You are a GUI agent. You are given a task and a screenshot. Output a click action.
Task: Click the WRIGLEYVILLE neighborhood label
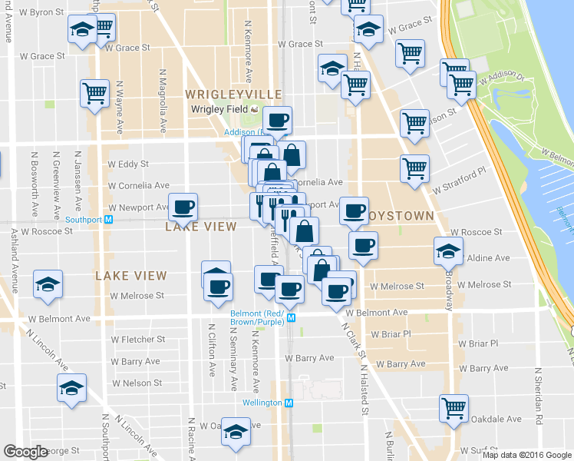(223, 94)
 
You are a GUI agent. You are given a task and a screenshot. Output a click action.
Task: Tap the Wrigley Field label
(219, 108)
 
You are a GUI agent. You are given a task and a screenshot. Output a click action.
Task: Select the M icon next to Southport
(108, 219)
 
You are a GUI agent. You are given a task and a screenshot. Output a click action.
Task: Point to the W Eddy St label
(128, 164)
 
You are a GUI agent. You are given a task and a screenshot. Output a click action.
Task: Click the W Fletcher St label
(138, 339)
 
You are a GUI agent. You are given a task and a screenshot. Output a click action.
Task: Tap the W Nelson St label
(136, 383)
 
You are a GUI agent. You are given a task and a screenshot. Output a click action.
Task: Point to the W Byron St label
(41, 13)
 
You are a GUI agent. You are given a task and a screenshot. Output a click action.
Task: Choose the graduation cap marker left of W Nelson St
(71, 388)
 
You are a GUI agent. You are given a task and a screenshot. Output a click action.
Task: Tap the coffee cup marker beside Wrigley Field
(276, 120)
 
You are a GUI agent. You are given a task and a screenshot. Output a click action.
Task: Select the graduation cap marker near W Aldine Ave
(448, 250)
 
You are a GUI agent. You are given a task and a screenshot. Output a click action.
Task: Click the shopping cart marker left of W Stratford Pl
(414, 168)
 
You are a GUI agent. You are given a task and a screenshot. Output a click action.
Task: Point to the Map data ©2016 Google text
(525, 455)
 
